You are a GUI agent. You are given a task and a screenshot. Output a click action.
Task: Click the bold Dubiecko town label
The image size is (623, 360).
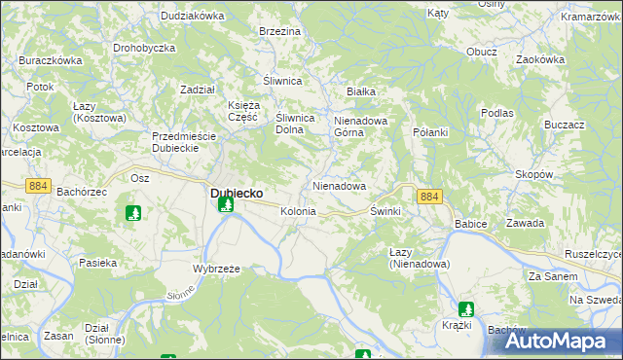coord(237,193)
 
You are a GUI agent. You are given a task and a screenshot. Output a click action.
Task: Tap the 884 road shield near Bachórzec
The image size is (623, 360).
coord(38,185)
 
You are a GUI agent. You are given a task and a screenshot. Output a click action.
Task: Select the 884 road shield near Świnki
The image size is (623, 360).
coord(429,197)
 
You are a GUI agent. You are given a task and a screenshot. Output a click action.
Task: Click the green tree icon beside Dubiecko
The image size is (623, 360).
coord(226,204)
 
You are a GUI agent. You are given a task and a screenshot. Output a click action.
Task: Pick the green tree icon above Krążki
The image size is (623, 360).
coord(466,308)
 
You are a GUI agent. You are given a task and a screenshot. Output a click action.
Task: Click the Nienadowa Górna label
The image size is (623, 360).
coord(361,127)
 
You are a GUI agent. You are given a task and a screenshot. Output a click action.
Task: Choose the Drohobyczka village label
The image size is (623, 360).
coord(143,48)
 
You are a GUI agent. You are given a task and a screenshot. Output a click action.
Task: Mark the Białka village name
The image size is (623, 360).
coord(361,91)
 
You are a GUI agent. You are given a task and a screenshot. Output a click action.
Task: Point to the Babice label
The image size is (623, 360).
coord(470,224)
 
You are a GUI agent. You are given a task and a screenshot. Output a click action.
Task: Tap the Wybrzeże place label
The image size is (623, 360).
coord(216,268)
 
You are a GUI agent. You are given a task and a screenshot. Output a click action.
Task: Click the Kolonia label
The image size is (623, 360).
coord(298,211)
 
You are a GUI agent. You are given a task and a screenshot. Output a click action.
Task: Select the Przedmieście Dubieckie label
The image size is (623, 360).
coord(188,142)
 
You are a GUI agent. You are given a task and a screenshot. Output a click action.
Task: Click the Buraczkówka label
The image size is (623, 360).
coord(50,60)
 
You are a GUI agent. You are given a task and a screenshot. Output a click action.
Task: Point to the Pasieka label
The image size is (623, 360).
coord(98,263)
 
